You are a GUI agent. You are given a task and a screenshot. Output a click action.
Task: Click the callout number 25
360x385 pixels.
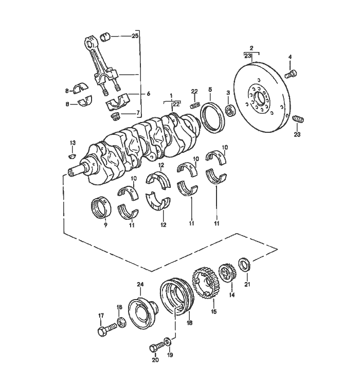click(x=135, y=36)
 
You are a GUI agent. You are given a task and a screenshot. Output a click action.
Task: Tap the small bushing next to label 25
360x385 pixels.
click(x=105, y=37)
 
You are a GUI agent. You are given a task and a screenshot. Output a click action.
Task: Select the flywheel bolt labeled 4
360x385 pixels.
click(x=291, y=74)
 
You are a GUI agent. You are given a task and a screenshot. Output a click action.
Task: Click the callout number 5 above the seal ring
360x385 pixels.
click(x=210, y=89)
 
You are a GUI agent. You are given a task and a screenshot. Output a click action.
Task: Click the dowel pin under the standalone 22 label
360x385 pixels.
click(x=195, y=105)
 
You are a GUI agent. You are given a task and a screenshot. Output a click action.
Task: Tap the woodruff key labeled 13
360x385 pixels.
click(x=72, y=155)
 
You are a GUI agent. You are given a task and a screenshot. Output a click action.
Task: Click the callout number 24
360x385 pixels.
click(x=140, y=285)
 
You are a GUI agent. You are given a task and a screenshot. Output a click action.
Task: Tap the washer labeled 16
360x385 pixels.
click(x=121, y=322)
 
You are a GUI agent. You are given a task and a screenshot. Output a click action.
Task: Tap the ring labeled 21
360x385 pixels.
click(x=244, y=264)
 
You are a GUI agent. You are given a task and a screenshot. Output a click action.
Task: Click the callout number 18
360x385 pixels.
click(x=189, y=323)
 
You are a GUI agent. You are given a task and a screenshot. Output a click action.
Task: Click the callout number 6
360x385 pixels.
click(x=148, y=94)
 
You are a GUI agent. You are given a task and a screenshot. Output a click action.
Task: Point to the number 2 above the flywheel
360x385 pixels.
click(x=251, y=48)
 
